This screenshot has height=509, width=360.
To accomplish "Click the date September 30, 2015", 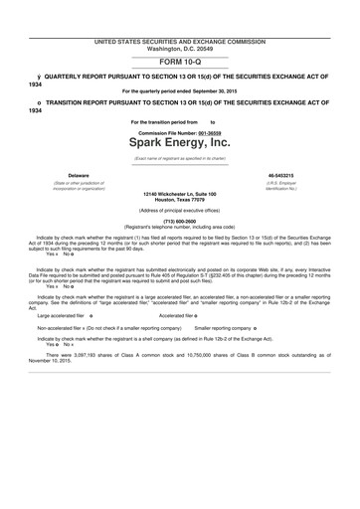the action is (x=223, y=90).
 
